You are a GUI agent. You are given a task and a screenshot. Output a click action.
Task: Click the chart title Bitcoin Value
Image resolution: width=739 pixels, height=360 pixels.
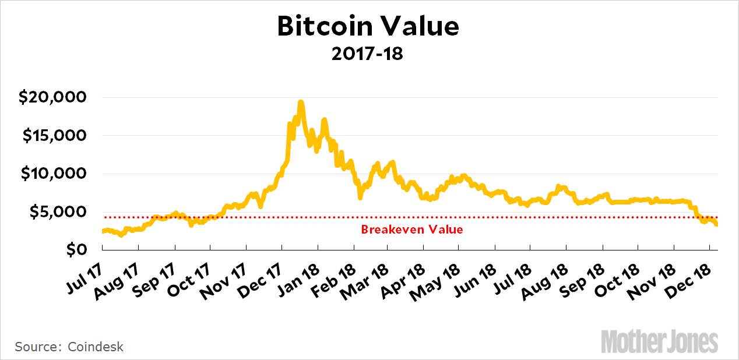point(368,27)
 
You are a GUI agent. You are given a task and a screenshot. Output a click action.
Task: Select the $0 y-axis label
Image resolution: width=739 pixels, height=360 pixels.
point(77,250)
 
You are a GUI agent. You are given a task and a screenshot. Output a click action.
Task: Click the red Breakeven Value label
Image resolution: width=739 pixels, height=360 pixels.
point(412,230)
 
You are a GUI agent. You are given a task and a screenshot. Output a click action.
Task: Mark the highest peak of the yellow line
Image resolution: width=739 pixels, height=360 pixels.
point(300,103)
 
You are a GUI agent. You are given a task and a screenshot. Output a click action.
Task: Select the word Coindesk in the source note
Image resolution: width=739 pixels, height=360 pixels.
point(96,347)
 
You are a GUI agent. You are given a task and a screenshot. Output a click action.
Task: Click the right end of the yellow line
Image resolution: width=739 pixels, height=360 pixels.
point(716,224)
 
